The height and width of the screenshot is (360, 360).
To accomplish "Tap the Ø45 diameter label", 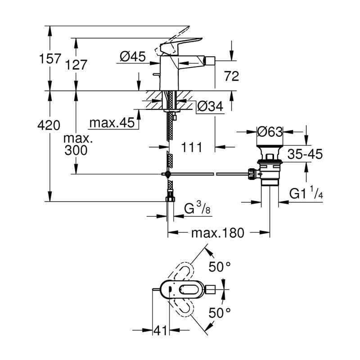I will pyautogui.click(x=133, y=57).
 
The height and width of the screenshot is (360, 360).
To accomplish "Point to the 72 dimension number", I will pyautogui.click(x=231, y=76).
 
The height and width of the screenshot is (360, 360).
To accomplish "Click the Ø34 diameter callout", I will pyautogui.click(x=210, y=107).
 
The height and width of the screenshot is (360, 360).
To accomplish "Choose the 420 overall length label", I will pyautogui.click(x=49, y=126).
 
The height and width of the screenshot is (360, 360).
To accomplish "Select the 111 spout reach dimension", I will pyautogui.click(x=192, y=147).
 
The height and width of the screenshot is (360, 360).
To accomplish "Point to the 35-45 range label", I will pyautogui.click(x=305, y=154).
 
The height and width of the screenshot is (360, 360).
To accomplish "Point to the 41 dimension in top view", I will pyautogui.click(x=160, y=331).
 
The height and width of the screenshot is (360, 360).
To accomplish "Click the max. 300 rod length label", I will pyautogui.click(x=78, y=144).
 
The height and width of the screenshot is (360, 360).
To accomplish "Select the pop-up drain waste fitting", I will pyautogui.click(x=269, y=169).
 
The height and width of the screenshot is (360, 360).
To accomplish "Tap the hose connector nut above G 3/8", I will pyautogui.click(x=170, y=198).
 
